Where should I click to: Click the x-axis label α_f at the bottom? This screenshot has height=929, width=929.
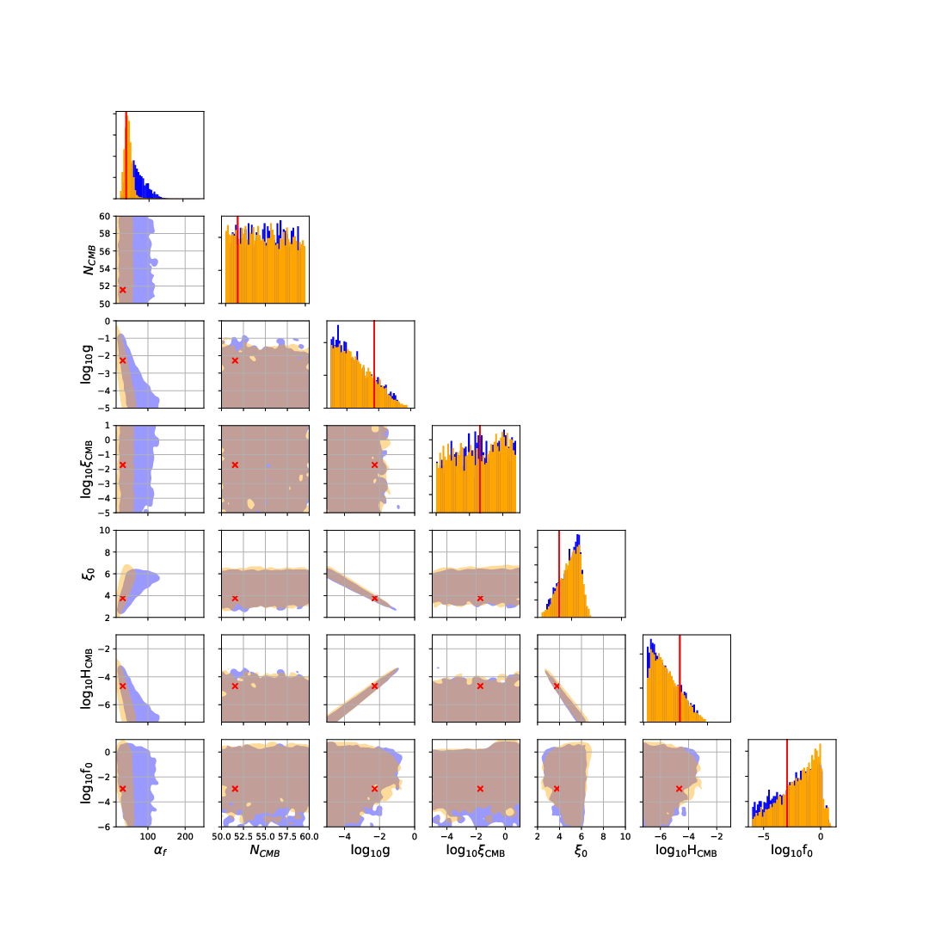(x=159, y=851)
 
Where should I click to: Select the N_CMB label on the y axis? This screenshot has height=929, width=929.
(x=88, y=259)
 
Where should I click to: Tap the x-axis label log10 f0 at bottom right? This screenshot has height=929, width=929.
(x=791, y=851)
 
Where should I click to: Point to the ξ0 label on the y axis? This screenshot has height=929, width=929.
(x=88, y=574)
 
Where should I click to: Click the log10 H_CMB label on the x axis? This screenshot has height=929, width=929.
(x=686, y=851)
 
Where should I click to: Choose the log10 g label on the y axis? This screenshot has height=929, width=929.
(x=88, y=364)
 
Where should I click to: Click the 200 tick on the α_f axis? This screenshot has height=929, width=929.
(x=185, y=834)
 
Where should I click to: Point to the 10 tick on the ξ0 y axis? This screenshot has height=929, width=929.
(x=102, y=530)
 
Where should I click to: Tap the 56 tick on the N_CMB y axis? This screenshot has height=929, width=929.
(x=102, y=251)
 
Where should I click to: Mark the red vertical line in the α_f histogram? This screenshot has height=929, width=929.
(x=126, y=155)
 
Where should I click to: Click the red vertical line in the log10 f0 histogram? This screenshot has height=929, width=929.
(x=787, y=783)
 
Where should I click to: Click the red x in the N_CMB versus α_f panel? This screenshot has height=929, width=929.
(x=122, y=290)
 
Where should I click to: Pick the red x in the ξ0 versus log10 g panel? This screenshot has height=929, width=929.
(x=374, y=598)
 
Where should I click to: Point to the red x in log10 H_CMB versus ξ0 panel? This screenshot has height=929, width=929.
(x=557, y=686)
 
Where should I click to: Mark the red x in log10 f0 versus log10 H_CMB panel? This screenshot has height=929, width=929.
(x=680, y=788)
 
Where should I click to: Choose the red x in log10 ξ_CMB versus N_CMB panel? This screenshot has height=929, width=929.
(x=235, y=464)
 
